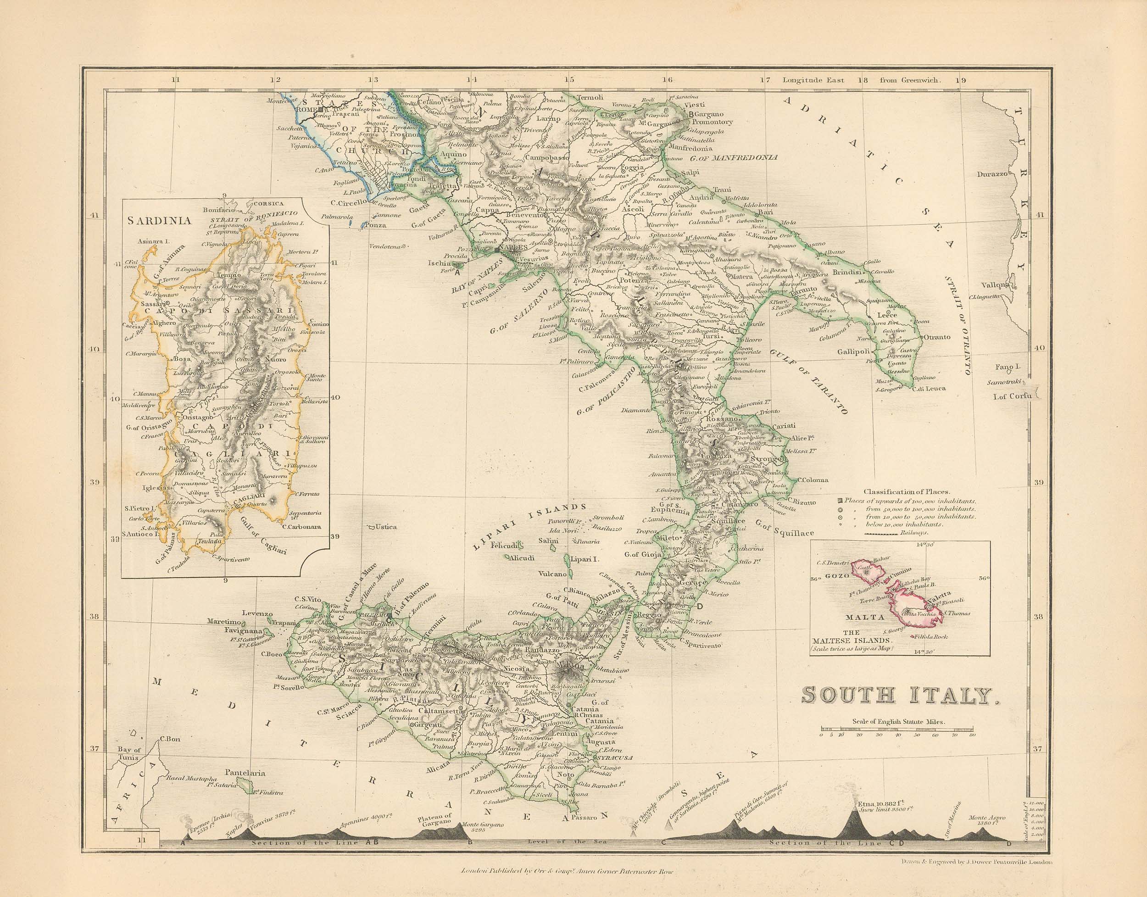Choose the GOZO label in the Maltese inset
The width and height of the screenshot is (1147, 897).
837,575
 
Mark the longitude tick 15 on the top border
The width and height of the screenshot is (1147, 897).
569,80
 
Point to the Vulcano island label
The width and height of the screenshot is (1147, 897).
552,574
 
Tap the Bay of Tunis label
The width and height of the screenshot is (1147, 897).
129,754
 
